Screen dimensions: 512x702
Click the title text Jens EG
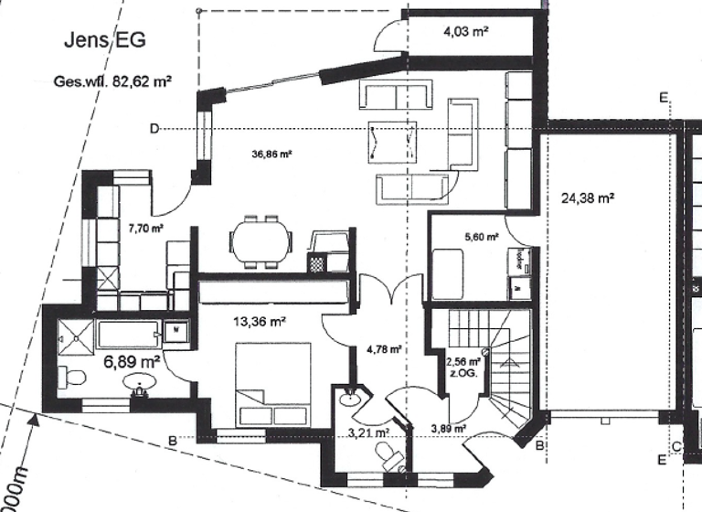pos(104,41)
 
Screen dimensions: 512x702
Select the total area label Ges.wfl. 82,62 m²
pos(113,80)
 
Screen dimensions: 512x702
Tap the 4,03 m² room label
pos(465,32)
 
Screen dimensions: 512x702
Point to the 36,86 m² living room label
pos(271,155)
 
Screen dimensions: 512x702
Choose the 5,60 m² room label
pos(481,236)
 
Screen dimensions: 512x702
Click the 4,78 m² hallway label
pos(383,347)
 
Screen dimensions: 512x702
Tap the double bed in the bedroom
pos(273,384)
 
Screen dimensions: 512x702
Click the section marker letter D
pos(154,128)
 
